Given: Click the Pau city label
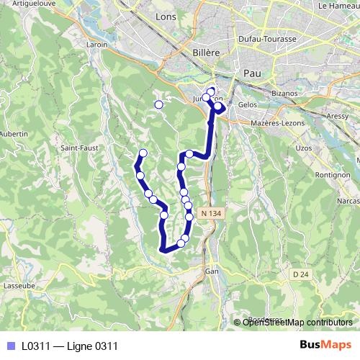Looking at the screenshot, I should [x=252, y=73].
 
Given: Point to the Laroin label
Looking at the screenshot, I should [x=96, y=45].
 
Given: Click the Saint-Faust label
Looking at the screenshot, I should [x=79, y=148].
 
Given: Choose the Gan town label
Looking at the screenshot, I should [x=212, y=271].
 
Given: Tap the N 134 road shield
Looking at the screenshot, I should [x=210, y=213].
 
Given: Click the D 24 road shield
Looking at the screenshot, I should [x=301, y=274].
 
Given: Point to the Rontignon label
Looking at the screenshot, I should [x=332, y=175].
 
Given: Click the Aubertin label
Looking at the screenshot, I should [x=13, y=134].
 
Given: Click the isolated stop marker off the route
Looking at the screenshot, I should [x=159, y=105].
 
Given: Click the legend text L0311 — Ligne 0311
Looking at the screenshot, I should [x=69, y=346].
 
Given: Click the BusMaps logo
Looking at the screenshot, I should [x=325, y=345].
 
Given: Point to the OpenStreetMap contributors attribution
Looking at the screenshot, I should [x=298, y=323].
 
